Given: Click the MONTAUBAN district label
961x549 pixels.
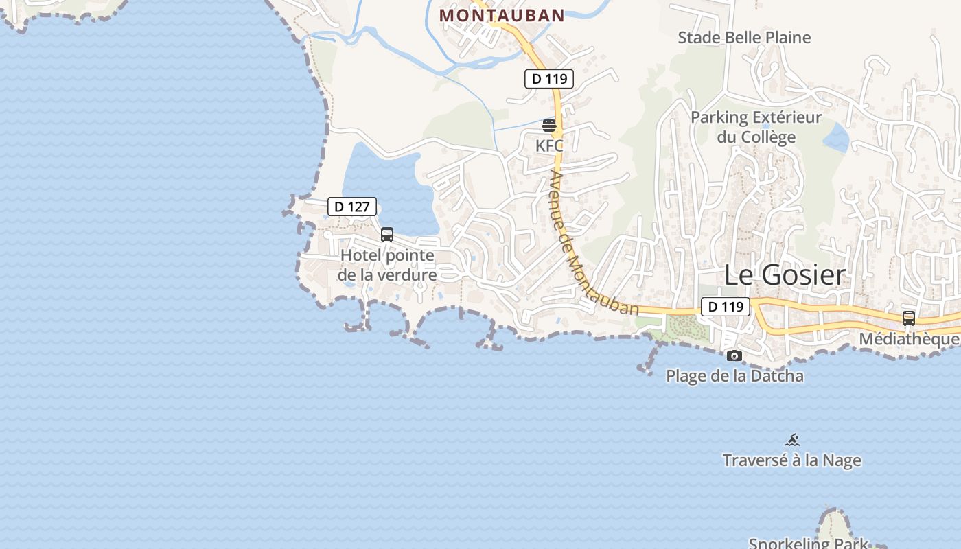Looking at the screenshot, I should coord(502,15).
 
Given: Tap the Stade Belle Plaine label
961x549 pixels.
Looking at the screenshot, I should coord(744,38).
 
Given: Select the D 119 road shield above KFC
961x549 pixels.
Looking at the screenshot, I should coord(549,79).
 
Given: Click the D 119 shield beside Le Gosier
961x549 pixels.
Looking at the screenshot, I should coord(726,307).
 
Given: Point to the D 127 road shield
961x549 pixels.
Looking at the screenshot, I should coord(352,207).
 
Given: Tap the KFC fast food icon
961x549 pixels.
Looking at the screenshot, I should coord(549,126).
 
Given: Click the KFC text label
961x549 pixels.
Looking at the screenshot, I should coord(549,145).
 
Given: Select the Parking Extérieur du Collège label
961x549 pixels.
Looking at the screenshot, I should coord(756,127).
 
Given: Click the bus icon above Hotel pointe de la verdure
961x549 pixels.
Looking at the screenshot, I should coord(387,235).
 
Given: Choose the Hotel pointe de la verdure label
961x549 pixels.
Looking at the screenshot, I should coord(388,265).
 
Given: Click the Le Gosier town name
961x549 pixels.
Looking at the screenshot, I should coord(785,275).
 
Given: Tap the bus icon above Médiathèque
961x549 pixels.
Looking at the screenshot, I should coord(909,318).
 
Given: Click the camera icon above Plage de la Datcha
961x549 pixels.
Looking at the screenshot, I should coord(734,355).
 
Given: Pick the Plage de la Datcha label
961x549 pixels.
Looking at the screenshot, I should coord(734,376).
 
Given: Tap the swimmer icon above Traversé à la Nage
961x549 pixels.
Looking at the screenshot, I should coord(792,440).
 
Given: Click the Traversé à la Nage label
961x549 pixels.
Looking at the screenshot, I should coord(792,460).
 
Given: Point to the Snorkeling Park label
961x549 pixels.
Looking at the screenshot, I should coord(809,543).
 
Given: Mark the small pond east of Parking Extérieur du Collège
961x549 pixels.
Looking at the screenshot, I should coord(836,138).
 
